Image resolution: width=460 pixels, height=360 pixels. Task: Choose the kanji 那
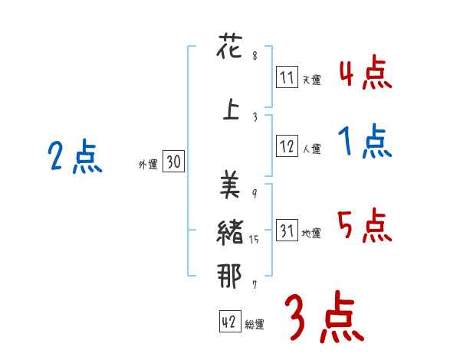tap(230, 276)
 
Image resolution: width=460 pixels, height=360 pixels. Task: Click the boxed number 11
tap(287, 78)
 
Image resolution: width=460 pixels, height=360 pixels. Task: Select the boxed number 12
tap(287, 148)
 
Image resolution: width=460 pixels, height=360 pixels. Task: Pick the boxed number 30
tap(173, 162)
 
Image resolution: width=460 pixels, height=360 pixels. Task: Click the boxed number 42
tap(228, 322)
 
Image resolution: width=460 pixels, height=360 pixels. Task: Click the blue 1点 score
tap(365, 142)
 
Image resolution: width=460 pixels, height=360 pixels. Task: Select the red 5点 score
tap(365, 227)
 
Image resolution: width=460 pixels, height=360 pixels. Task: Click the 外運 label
tap(147, 163)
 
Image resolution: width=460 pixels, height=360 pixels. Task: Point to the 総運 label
tap(255, 325)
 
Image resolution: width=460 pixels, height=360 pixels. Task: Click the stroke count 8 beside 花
tap(255, 56)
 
